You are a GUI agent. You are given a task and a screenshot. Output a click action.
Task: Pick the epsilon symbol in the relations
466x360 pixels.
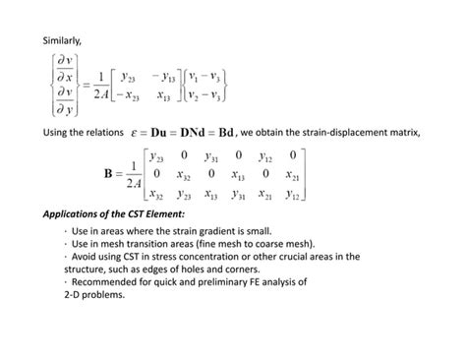point(134,130)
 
